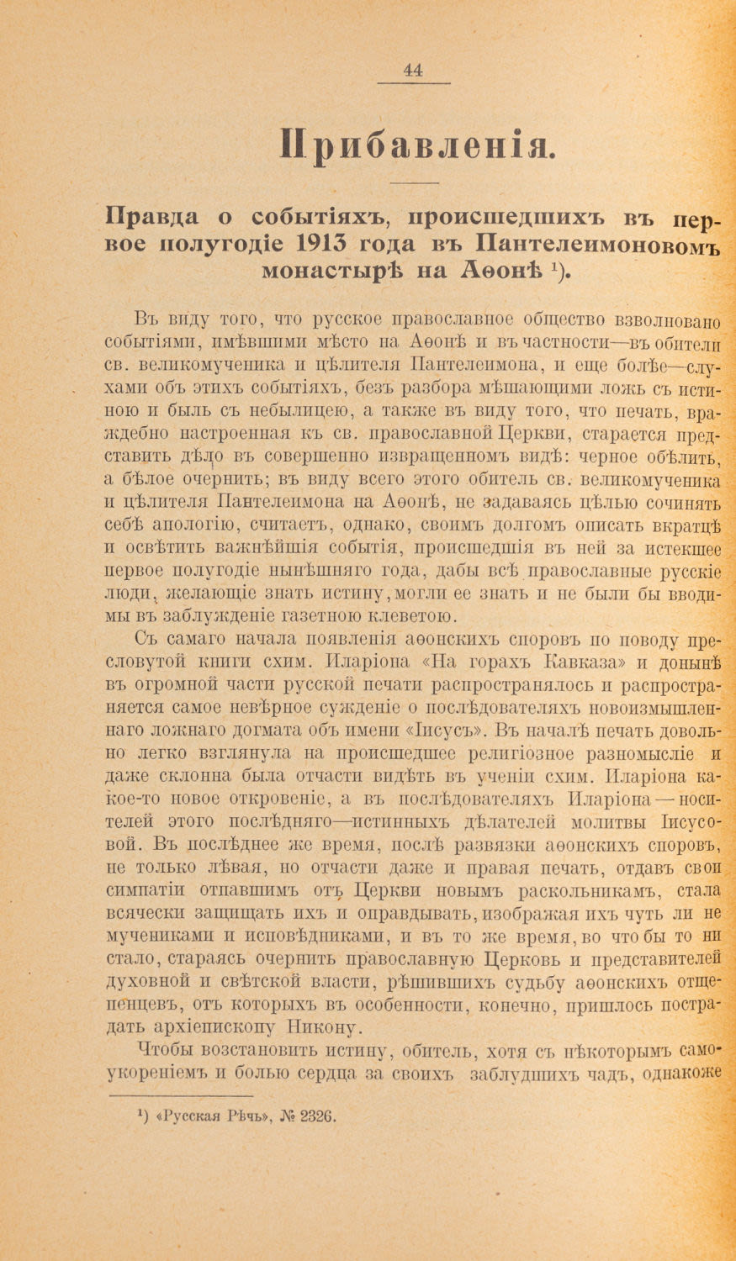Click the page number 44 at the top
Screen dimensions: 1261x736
pos(412,71)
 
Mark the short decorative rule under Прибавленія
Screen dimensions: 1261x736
pos(415,183)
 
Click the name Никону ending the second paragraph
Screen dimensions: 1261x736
pos(324,1026)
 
